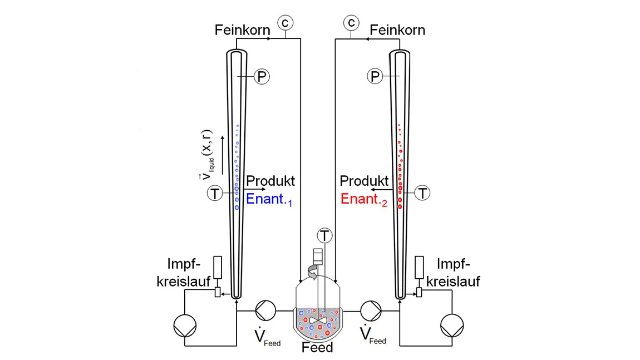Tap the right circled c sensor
tap(351, 22)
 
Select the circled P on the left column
tap(261, 76)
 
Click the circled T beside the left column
tap(215, 194)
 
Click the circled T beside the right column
tap(424, 194)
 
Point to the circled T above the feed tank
tap(324, 235)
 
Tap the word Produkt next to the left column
tap(270, 181)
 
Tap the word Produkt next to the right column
tap(364, 181)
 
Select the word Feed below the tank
tap(317, 348)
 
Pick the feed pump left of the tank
tap(264, 310)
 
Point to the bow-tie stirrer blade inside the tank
tap(319, 320)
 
